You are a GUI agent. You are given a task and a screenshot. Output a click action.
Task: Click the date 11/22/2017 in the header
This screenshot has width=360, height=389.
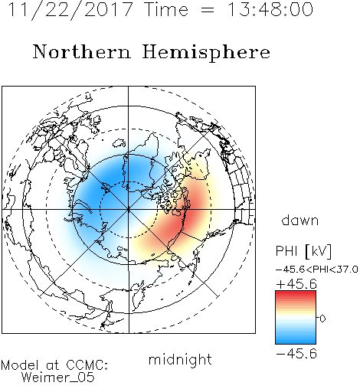70,10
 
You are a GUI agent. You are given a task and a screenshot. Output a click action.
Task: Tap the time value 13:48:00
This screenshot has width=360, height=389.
270,10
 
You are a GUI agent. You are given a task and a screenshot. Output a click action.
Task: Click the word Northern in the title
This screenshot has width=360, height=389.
82,51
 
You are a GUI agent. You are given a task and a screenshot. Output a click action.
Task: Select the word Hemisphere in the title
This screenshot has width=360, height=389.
206,53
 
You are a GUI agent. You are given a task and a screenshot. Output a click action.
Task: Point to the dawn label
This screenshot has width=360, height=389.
300,220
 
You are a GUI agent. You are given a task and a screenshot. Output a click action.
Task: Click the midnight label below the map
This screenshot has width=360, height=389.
180,361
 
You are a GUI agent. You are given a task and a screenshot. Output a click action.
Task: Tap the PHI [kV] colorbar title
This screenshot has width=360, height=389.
304,251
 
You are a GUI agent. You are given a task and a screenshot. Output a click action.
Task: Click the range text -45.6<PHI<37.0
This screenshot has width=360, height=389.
317,270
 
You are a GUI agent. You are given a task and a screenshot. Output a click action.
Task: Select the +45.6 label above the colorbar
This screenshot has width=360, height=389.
296,284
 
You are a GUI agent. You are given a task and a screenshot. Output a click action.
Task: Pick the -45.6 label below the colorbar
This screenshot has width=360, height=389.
296,354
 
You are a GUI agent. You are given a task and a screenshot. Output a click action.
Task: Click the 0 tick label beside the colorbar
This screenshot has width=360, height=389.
322,319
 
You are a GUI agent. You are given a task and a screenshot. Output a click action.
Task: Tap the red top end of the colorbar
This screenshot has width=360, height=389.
296,293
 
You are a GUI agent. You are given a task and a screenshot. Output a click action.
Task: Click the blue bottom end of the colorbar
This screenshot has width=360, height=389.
296,342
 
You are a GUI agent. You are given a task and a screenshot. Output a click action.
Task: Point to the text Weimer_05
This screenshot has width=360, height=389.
58,378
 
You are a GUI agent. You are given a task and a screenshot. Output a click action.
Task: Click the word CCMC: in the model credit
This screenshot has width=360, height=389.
87,365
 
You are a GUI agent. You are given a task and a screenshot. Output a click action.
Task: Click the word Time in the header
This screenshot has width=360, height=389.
166,10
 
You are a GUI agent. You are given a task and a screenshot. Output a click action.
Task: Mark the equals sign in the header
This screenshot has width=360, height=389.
208,11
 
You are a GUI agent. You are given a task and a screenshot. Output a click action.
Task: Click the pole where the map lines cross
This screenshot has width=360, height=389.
129,210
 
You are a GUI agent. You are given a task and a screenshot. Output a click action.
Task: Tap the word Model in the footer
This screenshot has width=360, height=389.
20,365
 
